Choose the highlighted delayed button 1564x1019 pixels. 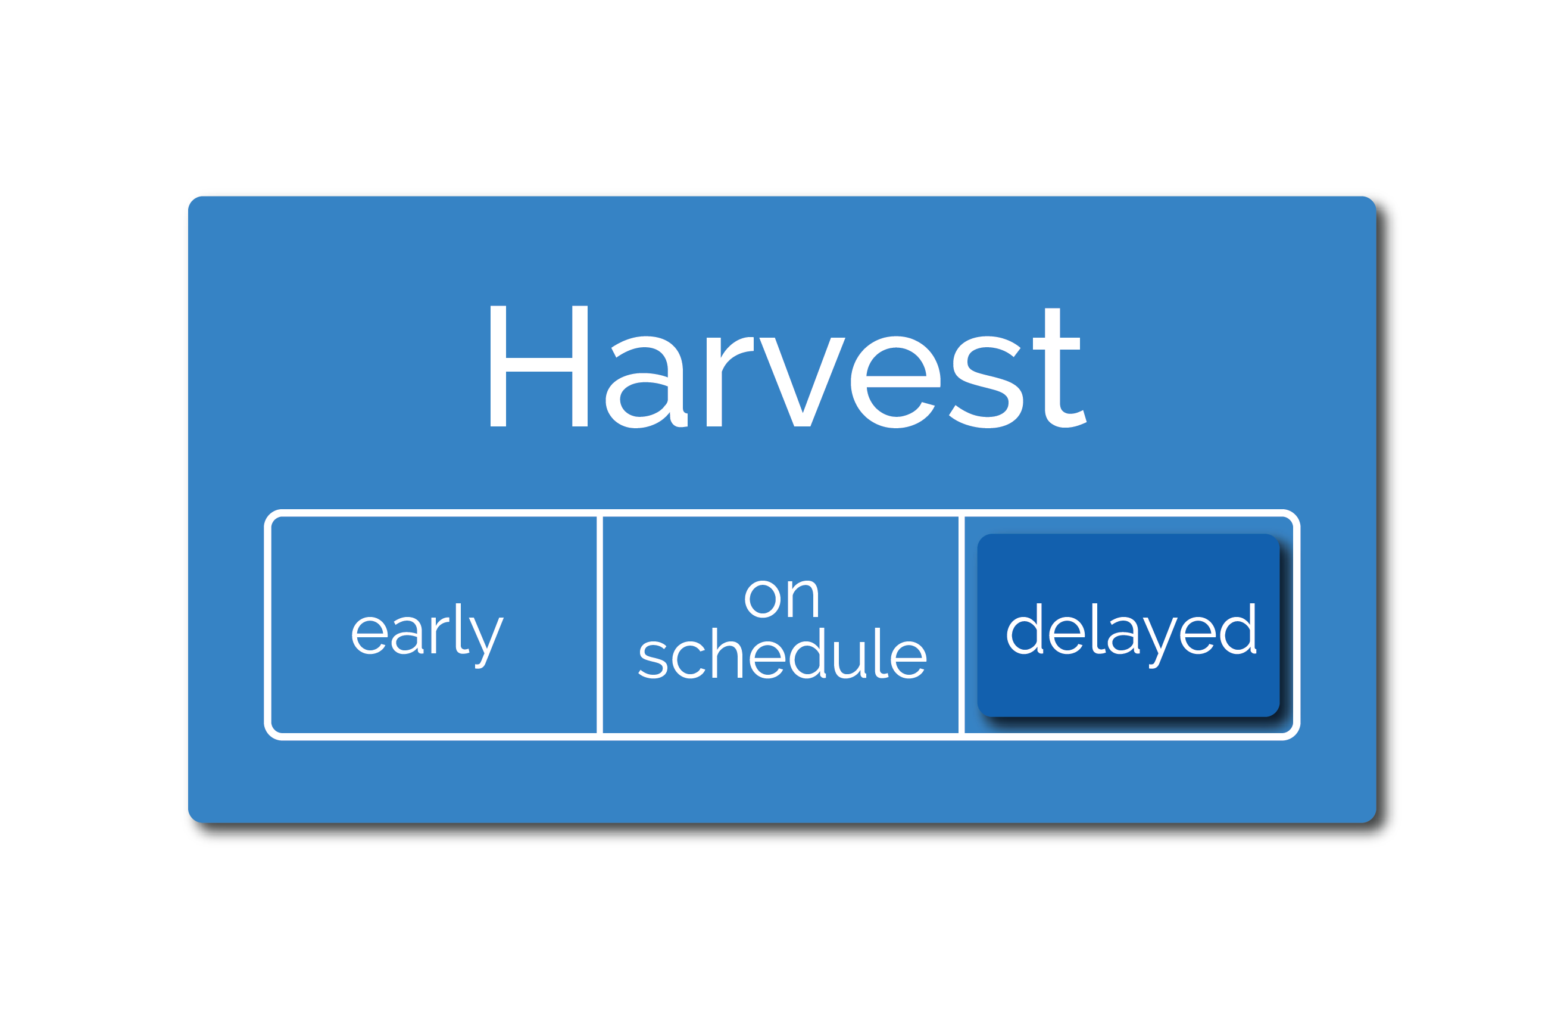[x=1128, y=625]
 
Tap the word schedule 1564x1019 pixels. [x=782, y=653]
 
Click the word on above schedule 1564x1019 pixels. [x=781, y=599]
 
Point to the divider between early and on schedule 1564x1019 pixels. [x=600, y=625]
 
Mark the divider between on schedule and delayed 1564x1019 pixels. [x=961, y=625]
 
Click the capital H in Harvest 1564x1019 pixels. [x=539, y=366]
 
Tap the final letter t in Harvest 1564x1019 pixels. [x=1059, y=367]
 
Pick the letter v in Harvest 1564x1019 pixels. [x=802, y=382]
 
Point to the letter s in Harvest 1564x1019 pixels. [x=985, y=382]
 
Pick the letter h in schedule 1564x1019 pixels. [x=727, y=653]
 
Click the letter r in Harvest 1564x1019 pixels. [x=729, y=382]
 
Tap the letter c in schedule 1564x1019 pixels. [x=689, y=660]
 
